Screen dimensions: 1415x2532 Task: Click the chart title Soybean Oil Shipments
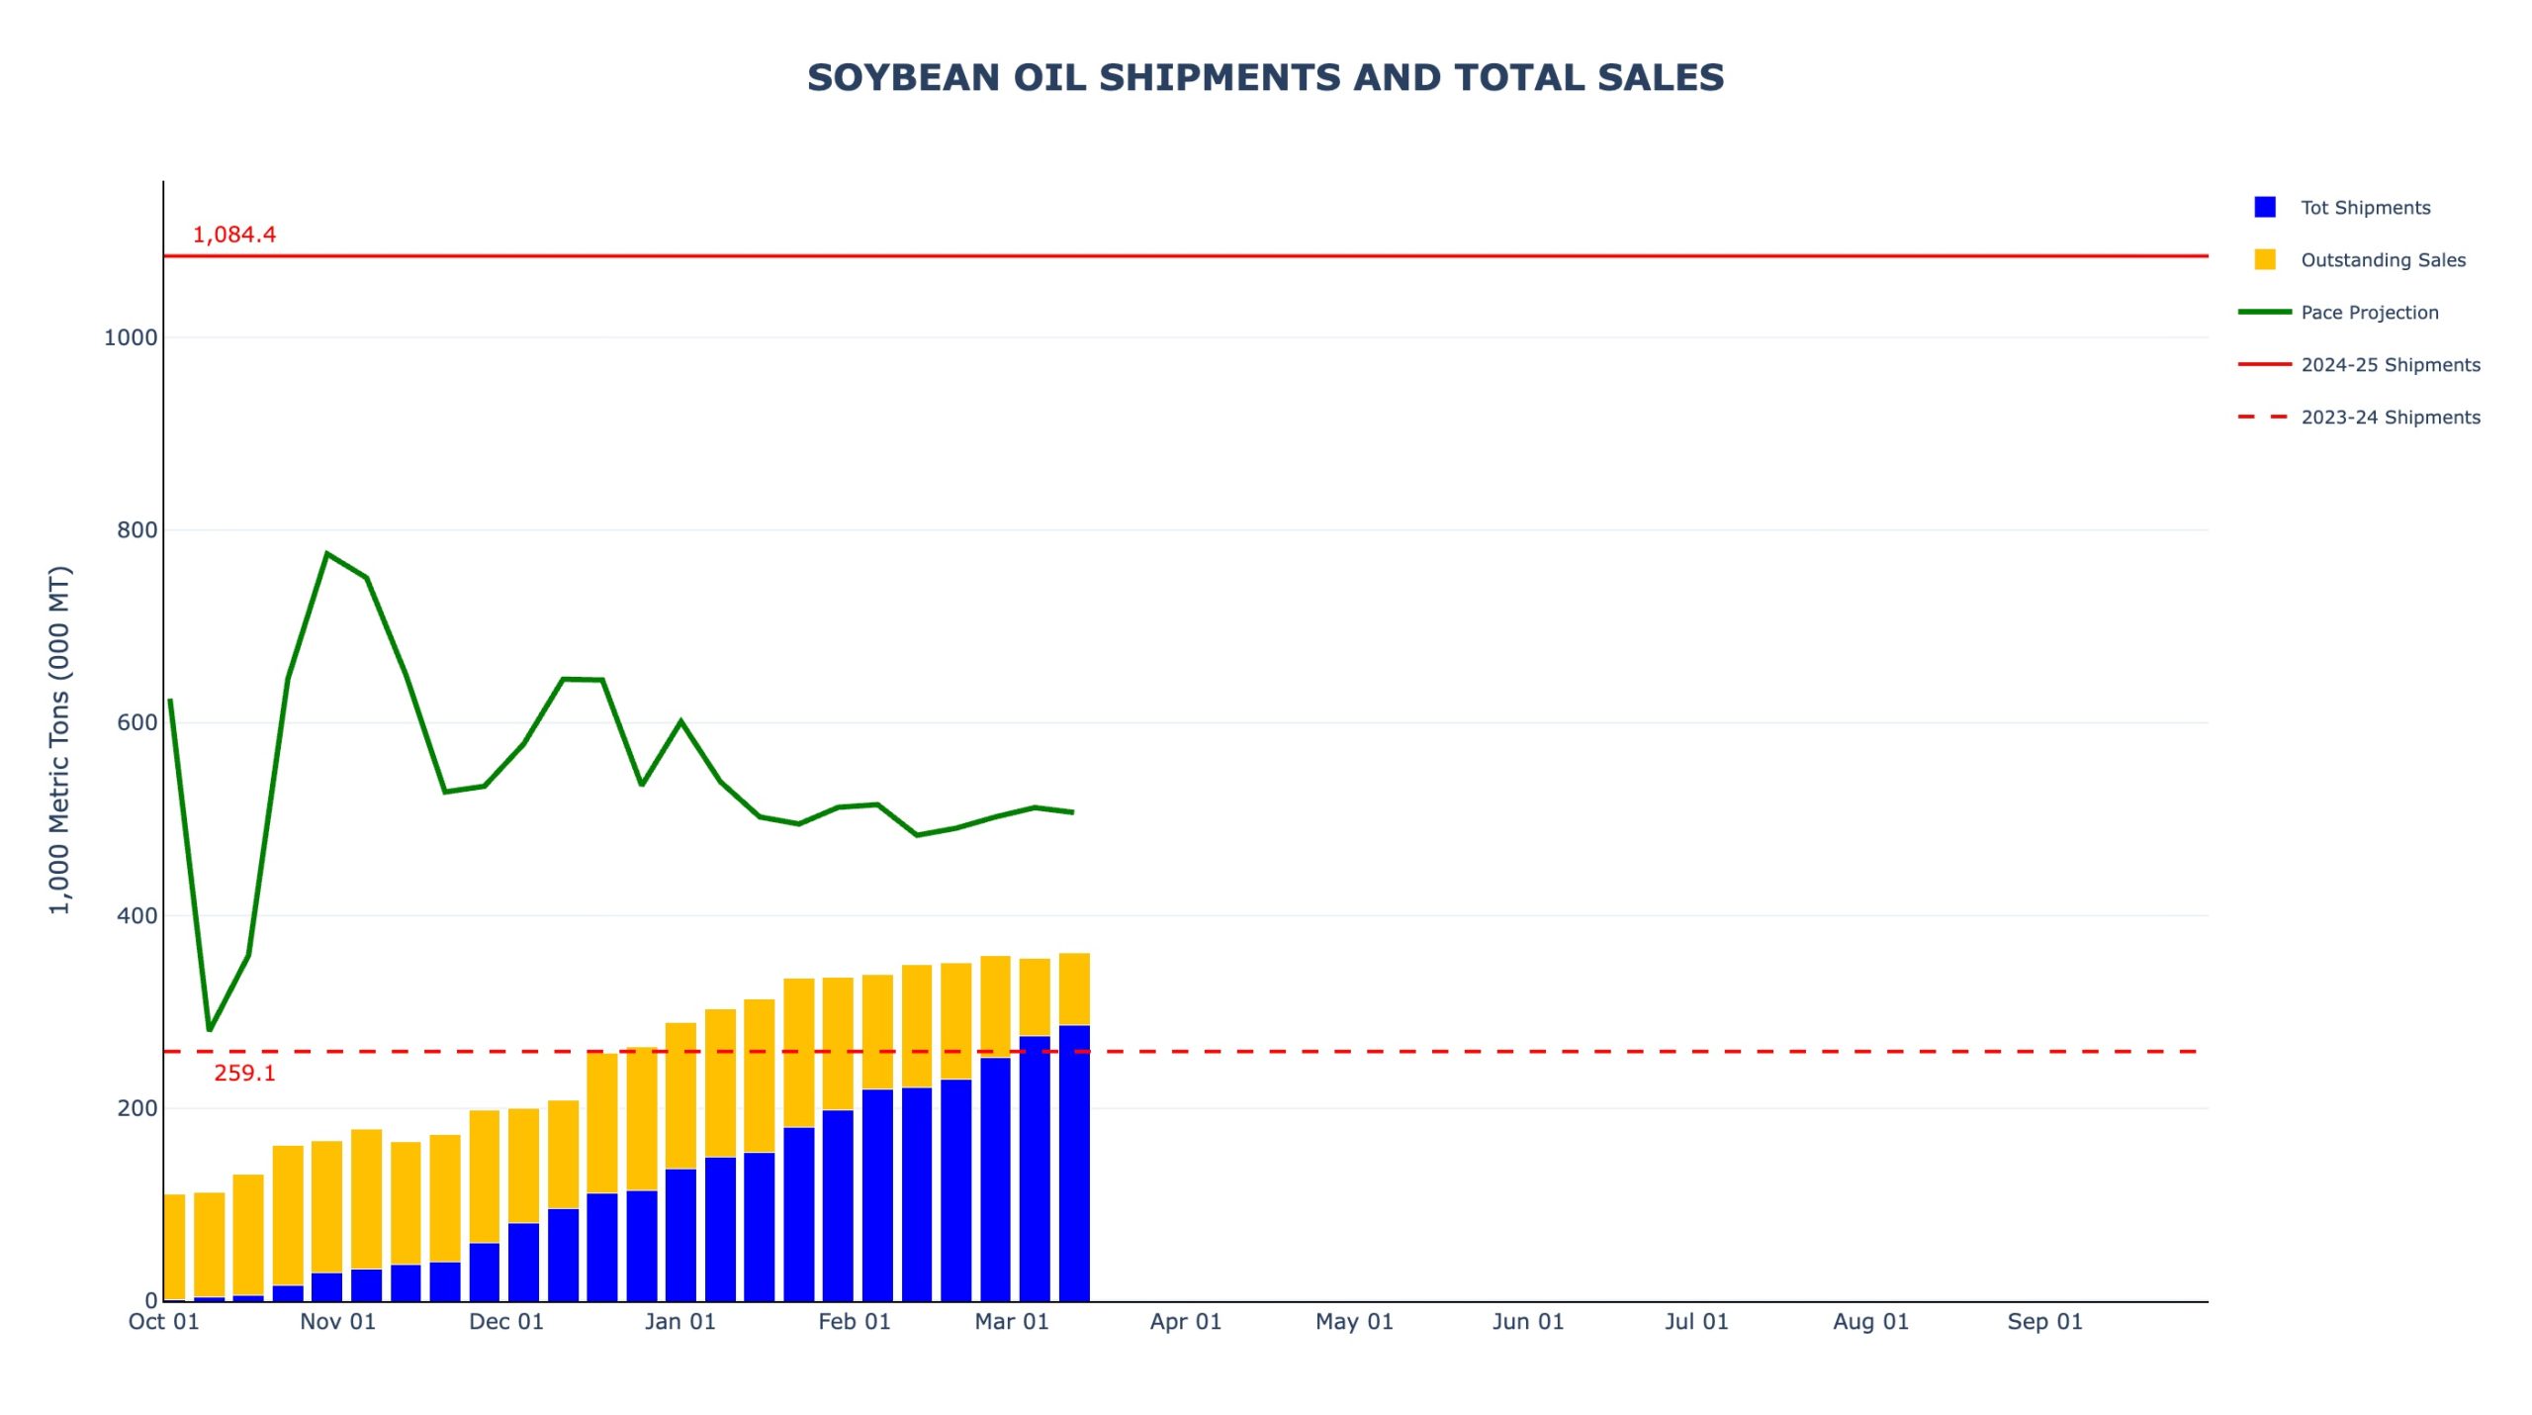pos(1265,78)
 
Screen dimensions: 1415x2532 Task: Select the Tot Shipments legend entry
pos(2364,208)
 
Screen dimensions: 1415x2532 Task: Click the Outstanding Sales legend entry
pos(2382,260)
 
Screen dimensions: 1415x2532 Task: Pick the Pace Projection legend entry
pos(2369,313)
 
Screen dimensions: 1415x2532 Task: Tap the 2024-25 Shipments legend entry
pos(2390,365)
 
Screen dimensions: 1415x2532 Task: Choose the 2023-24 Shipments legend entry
pos(2390,418)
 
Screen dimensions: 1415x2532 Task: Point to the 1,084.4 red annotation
pos(234,236)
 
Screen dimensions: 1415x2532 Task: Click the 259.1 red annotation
pos(244,1074)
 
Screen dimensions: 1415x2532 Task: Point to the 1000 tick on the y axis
pos(131,337)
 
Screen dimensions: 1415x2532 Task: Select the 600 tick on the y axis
pos(136,722)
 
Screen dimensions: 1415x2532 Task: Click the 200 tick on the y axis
pos(136,1108)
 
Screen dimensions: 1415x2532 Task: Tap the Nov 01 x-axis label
pos(337,1322)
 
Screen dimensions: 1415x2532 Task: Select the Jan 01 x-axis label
pos(679,1322)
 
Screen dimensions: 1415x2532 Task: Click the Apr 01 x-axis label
pos(1185,1322)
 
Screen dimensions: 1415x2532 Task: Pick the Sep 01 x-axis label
pos(2044,1322)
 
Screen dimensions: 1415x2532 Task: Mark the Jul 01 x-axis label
pos(1696,1322)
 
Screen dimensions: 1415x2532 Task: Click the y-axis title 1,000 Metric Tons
pos(60,739)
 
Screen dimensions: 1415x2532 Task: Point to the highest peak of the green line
pos(326,554)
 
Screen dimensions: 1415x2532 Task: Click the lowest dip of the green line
pos(209,1030)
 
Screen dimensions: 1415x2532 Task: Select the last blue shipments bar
pos(1074,1163)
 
